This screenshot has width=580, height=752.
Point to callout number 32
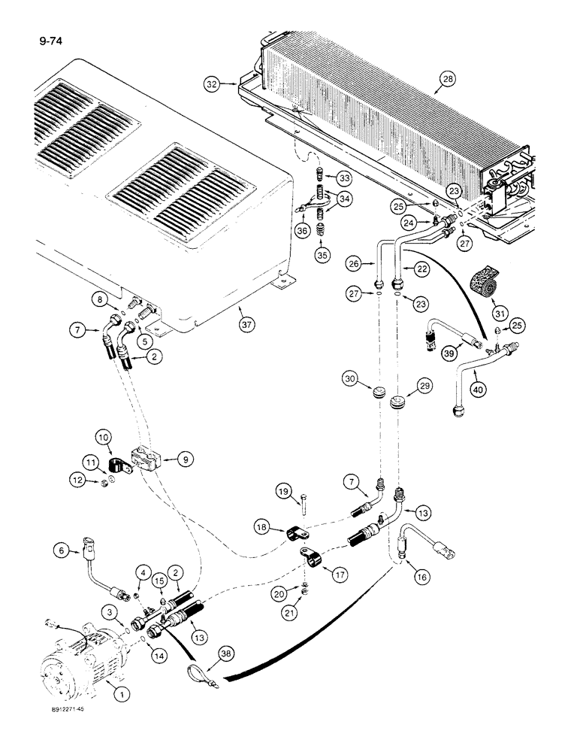pos(212,85)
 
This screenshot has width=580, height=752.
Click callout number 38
pos(225,655)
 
